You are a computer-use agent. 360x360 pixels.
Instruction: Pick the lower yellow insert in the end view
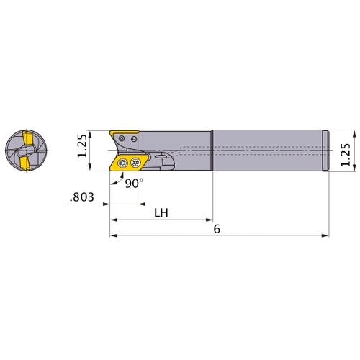(x=24, y=165)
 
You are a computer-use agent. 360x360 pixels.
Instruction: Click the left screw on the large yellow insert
(x=122, y=163)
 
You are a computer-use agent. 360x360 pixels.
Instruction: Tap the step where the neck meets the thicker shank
(x=212, y=150)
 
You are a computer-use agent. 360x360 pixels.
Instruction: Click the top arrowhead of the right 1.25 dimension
(x=356, y=133)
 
